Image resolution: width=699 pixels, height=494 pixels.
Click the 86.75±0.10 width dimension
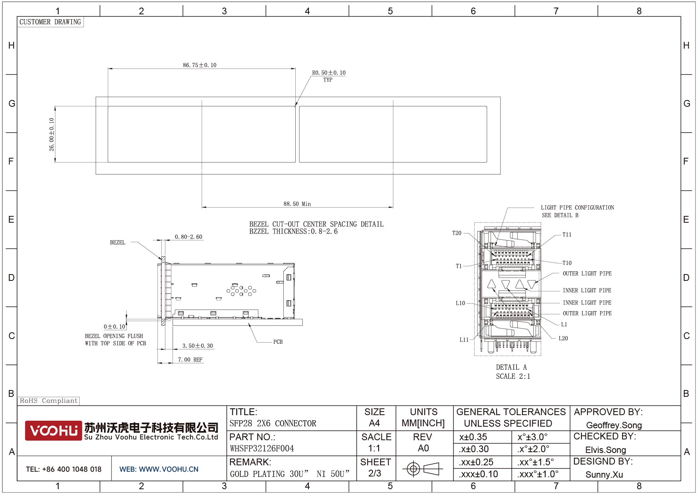tap(200, 65)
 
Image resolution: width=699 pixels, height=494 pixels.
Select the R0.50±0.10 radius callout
tap(329, 73)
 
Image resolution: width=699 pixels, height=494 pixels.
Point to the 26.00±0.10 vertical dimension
tap(52, 134)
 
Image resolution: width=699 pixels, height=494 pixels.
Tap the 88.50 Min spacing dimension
tap(297, 204)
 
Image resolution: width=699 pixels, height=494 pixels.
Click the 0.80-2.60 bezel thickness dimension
tap(188, 237)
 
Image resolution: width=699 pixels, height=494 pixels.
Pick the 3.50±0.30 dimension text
tap(198, 346)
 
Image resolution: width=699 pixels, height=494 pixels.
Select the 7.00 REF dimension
tap(190, 360)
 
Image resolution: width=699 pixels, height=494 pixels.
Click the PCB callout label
tap(278, 342)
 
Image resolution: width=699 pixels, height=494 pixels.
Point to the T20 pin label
tap(457, 233)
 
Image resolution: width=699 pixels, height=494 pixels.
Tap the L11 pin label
tap(464, 340)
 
